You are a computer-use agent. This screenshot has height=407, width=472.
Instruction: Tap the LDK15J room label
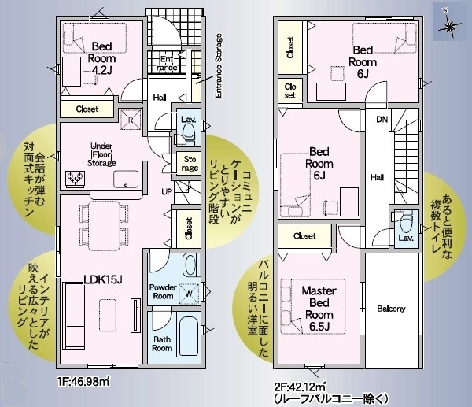(103, 279)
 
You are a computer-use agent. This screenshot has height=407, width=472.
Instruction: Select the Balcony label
(391, 309)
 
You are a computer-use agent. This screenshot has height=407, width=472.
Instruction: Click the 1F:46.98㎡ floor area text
(83, 382)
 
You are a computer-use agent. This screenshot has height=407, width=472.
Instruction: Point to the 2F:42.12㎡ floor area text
(300, 386)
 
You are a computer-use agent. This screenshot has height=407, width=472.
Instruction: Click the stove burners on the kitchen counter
(75, 179)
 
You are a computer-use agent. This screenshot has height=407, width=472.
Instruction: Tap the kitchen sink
(126, 179)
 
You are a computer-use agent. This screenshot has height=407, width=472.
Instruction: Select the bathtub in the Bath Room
(189, 335)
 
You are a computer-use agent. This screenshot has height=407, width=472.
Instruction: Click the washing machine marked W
(189, 293)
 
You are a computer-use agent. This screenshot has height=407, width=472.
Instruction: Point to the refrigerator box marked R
(131, 120)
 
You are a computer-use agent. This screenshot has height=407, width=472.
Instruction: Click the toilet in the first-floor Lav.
(189, 134)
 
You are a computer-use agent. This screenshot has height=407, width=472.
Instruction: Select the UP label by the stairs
(167, 191)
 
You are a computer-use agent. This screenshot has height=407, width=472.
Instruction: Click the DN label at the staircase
(382, 120)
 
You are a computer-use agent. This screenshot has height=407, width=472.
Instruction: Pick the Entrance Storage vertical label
(219, 65)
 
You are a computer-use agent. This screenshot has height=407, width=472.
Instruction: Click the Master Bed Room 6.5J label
(319, 308)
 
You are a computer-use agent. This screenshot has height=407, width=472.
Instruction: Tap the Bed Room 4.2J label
(101, 58)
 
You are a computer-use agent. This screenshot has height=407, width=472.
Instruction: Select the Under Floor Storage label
(101, 154)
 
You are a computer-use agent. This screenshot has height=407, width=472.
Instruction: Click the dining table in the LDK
(104, 225)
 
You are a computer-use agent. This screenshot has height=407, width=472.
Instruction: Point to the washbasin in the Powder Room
(190, 265)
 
